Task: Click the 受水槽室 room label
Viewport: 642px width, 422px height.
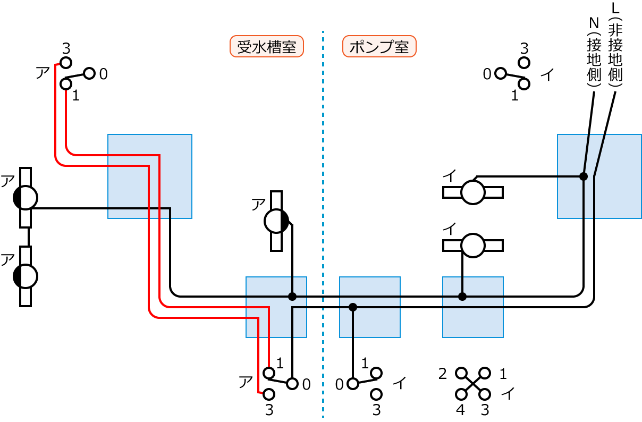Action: (x=266, y=47)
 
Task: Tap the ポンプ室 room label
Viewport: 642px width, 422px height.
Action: (x=379, y=47)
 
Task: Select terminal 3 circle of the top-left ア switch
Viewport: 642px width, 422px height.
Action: (x=66, y=63)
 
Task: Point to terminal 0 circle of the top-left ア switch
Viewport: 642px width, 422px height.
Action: (x=89, y=73)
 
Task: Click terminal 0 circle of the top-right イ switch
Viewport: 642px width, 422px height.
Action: (x=500, y=73)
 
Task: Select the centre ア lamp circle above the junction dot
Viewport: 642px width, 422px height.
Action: (x=276, y=221)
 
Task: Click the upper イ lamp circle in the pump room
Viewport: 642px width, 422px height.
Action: (x=472, y=192)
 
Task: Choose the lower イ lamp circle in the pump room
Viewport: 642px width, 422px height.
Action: (x=472, y=245)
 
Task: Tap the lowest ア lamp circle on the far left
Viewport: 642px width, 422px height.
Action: (x=26, y=276)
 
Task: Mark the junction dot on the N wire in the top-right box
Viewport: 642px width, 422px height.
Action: (x=583, y=176)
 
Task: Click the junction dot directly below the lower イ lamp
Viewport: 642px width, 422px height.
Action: (x=462, y=296)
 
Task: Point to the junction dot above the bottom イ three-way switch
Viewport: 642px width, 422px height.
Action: (x=352, y=307)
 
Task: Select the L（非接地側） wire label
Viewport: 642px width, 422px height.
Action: (x=616, y=45)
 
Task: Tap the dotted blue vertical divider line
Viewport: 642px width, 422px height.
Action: (x=323, y=213)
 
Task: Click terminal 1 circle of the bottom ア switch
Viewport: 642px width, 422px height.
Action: (x=269, y=372)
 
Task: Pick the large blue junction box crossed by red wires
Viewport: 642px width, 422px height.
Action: (x=150, y=176)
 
